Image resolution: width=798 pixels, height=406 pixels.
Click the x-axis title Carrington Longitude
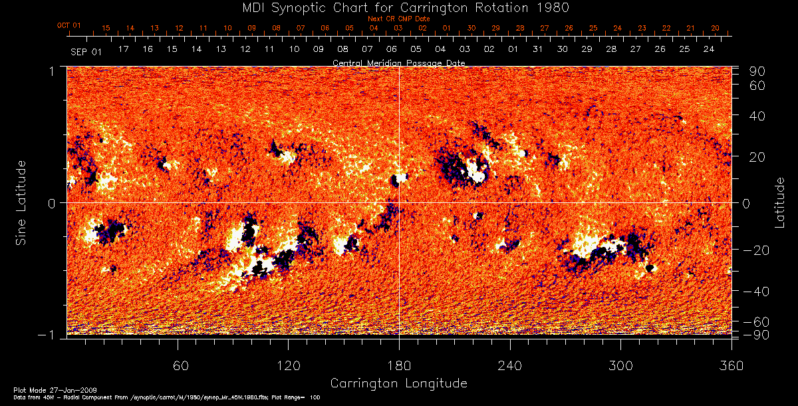point(398,383)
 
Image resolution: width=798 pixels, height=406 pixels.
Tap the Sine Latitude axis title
point(22,203)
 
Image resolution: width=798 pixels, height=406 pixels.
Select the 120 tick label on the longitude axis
point(289,365)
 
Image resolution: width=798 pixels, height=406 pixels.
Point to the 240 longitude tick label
point(510,365)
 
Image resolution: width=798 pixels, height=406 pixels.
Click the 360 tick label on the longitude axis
point(731,365)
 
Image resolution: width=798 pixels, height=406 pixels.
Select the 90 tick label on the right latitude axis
point(758,71)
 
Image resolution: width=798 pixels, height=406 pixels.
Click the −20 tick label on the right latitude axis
point(754,250)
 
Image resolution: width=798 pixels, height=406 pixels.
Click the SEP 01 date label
point(86,51)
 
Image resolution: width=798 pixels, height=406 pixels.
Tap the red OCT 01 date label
point(68,26)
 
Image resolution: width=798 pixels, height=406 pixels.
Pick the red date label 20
point(715,28)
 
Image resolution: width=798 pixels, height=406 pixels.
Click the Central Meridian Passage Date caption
point(398,63)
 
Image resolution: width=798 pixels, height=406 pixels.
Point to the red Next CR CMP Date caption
point(398,19)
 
